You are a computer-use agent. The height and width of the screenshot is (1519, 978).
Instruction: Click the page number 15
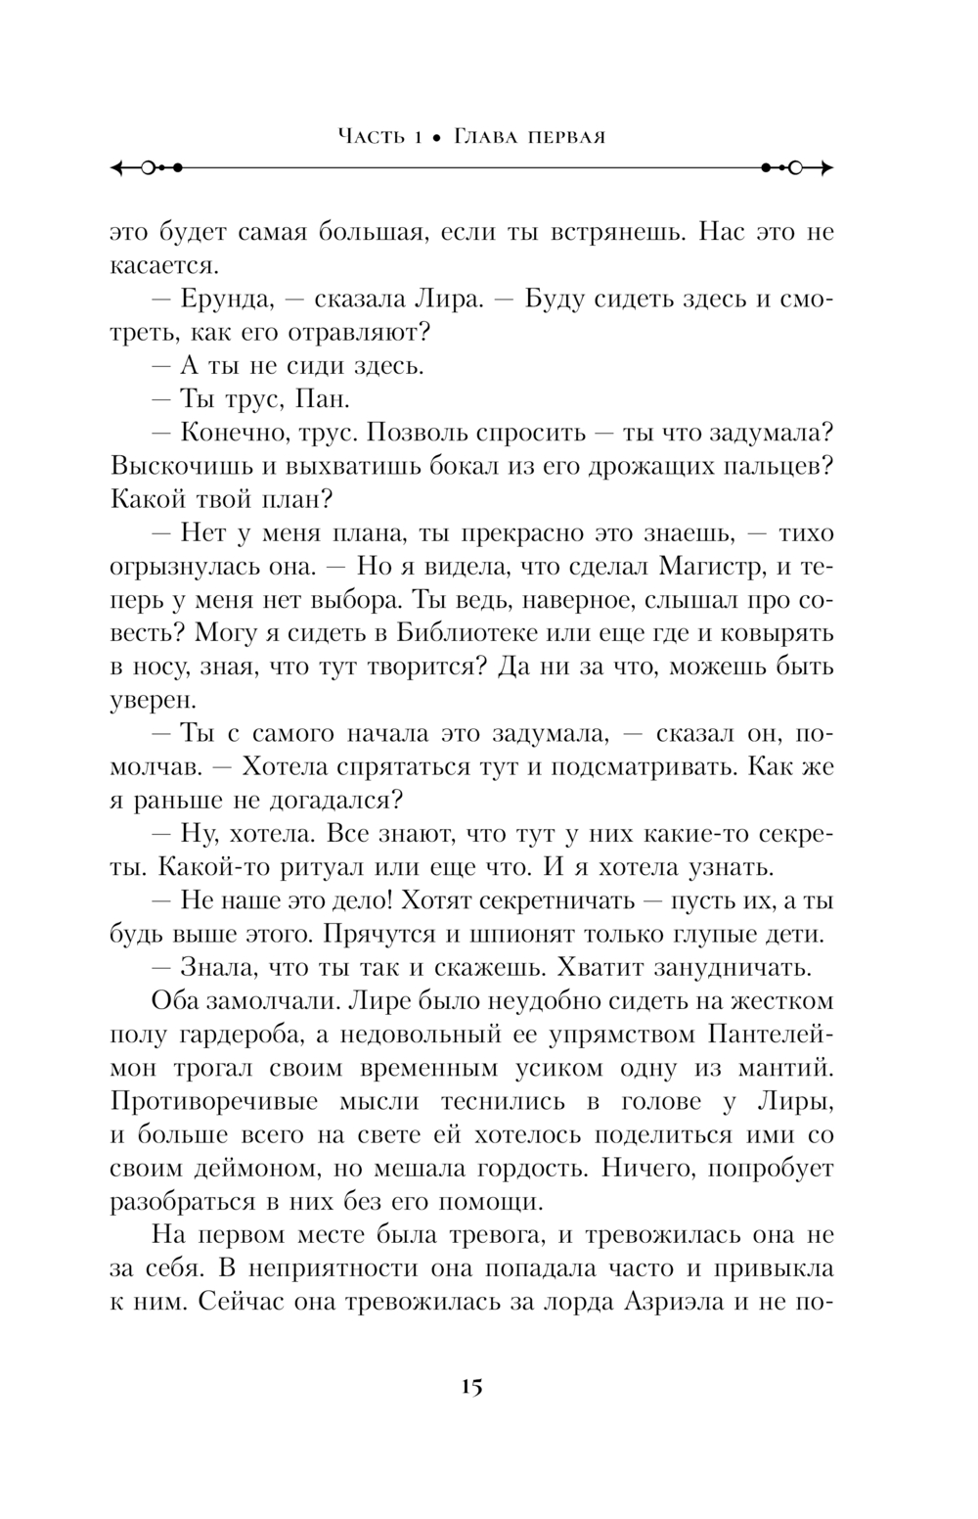[x=470, y=1387]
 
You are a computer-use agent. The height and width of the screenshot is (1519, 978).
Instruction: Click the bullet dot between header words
[x=441, y=138]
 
